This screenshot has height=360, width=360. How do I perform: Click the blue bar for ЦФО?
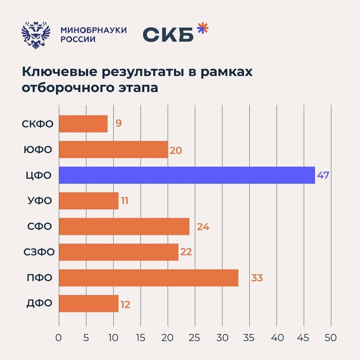click(x=187, y=175)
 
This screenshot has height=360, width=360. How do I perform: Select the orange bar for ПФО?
click(x=149, y=278)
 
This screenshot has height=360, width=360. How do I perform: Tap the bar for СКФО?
click(x=83, y=124)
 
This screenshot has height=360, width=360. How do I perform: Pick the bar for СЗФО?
click(x=119, y=252)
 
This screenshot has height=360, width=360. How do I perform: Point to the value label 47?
click(x=323, y=175)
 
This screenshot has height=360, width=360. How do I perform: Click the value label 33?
click(x=257, y=278)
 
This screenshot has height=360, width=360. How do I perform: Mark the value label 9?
click(x=118, y=123)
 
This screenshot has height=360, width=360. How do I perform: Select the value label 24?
click(x=203, y=227)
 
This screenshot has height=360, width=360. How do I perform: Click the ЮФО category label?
click(x=38, y=150)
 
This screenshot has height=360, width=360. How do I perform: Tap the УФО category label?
click(x=40, y=201)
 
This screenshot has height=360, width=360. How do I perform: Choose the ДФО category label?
click(x=39, y=303)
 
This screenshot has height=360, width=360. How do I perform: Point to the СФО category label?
click(x=39, y=226)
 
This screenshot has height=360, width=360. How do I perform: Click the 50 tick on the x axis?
click(x=331, y=338)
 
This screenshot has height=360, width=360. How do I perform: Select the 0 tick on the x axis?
click(x=59, y=338)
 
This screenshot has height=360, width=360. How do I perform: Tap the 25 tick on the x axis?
click(x=194, y=338)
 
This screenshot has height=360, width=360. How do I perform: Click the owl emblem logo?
click(x=36, y=35)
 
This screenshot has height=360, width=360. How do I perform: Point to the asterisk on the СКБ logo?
click(x=203, y=28)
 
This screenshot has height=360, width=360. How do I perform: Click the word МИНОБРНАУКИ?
click(x=94, y=30)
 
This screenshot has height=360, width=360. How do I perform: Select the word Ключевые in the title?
click(x=60, y=72)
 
